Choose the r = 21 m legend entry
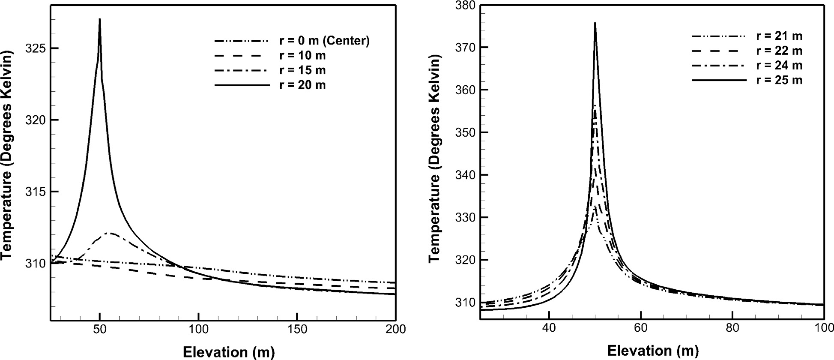coord(779,36)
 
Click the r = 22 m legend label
coord(779,51)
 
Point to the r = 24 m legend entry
coord(779,66)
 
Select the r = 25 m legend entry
coord(779,80)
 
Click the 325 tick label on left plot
coord(36,48)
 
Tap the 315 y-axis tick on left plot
coord(36,192)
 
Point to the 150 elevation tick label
coord(297,329)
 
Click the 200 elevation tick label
coord(395,329)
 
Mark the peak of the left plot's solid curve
coord(100,19)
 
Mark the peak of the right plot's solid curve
coord(595,23)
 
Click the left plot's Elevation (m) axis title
coord(228,352)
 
